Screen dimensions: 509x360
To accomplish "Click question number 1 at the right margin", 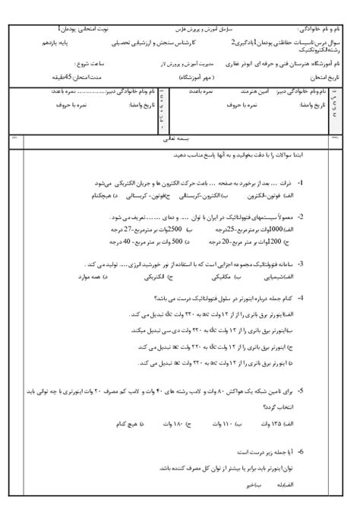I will tap(301, 184).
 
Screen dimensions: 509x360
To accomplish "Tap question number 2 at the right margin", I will tap(301, 217).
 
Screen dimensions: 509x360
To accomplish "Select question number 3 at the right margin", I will tap(301, 264).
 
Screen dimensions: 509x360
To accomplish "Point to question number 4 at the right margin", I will tap(301, 298).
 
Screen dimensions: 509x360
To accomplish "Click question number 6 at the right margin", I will tap(301, 453).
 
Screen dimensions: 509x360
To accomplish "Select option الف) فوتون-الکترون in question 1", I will tap(273, 195).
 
